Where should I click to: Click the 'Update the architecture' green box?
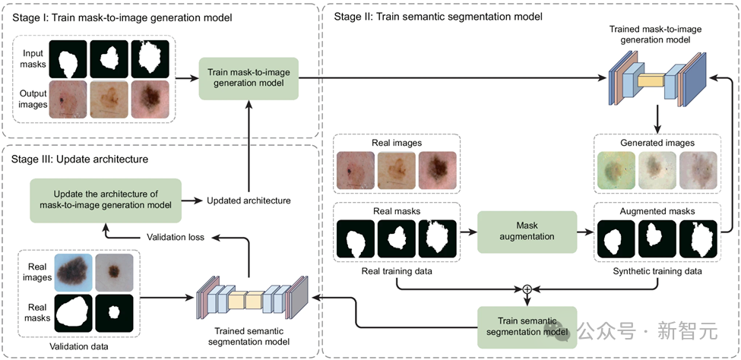(106, 201)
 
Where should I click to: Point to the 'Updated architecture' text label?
(249, 201)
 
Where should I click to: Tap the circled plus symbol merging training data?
(526, 289)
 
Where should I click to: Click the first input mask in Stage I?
(68, 59)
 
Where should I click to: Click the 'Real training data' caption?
(397, 270)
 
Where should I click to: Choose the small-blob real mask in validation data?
(113, 312)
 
